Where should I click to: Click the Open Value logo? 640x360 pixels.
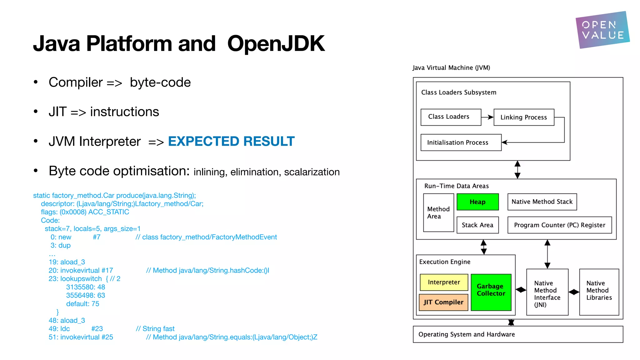pos(602,30)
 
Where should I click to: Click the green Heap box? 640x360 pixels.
pos(477,202)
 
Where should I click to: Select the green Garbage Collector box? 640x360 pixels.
pos(491,292)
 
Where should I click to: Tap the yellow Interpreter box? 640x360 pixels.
pos(444,282)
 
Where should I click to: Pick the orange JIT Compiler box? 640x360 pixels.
pos(443,302)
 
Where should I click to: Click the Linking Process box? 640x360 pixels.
pos(524,117)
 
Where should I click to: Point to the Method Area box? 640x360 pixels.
pos(438,212)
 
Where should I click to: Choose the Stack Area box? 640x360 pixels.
pos(477,225)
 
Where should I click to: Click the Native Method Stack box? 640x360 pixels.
pos(542,202)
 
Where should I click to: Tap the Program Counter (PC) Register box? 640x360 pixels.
pos(559,225)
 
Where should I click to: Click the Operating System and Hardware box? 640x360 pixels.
pos(518,334)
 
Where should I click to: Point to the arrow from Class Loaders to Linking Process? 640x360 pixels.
pos(487,117)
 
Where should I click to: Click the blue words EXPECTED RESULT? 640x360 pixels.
pos(231,141)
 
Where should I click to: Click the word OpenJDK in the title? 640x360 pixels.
pos(276,44)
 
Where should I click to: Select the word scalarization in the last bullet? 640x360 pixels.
pos(312,172)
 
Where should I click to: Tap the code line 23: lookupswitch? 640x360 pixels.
pos(75,279)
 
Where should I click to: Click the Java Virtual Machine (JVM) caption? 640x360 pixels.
pos(451,68)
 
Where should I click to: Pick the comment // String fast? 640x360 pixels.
pos(155,329)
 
